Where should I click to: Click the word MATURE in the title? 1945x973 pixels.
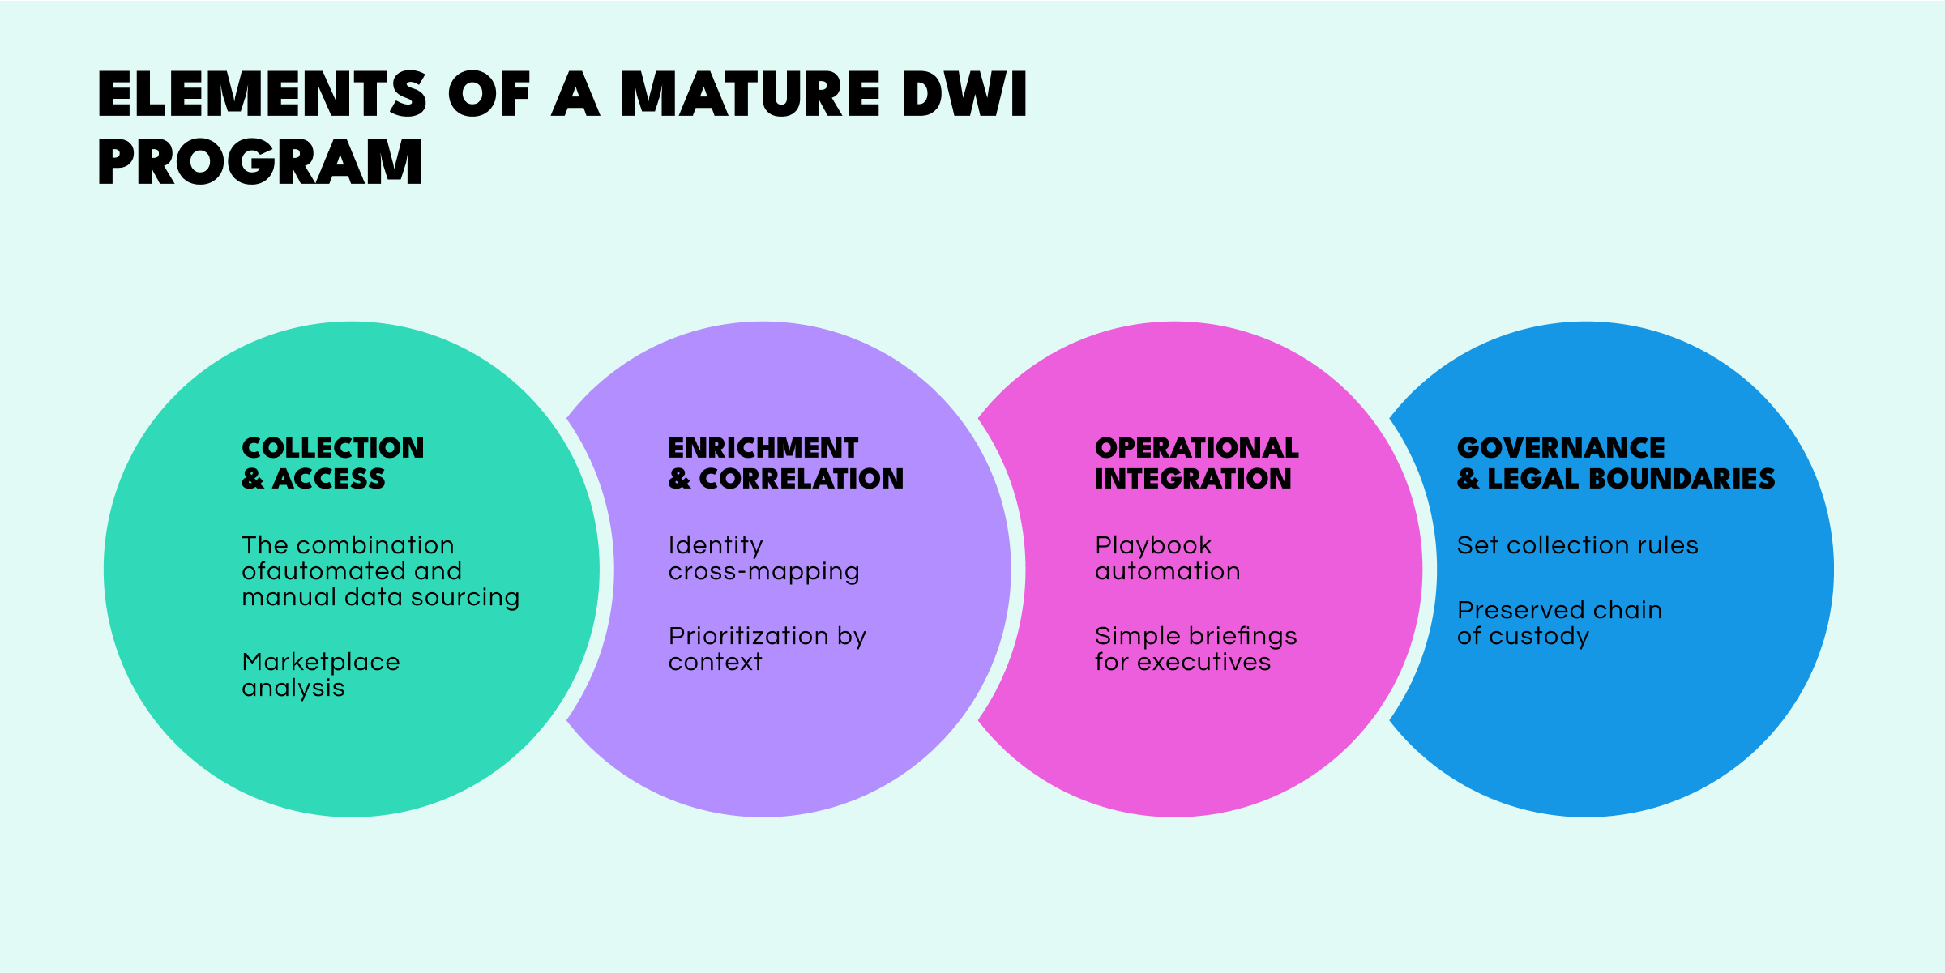click(750, 95)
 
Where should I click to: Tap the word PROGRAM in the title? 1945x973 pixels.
click(260, 163)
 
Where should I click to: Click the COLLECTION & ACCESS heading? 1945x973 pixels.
click(332, 463)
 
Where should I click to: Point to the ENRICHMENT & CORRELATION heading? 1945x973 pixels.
click(784, 463)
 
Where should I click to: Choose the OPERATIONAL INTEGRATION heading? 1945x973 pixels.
click(1196, 463)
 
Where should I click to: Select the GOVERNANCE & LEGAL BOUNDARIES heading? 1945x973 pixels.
click(1615, 463)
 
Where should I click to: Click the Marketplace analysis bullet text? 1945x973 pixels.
click(321, 675)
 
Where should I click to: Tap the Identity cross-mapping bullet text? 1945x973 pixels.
click(763, 558)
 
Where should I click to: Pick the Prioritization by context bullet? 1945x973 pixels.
click(767, 649)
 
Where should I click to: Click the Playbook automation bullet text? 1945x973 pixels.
click(1167, 558)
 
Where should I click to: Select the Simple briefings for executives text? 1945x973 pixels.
click(1195, 649)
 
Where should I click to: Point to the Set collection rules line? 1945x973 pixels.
click(1577, 545)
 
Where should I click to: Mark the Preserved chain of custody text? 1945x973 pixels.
click(1559, 623)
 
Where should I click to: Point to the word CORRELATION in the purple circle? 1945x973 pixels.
click(801, 479)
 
